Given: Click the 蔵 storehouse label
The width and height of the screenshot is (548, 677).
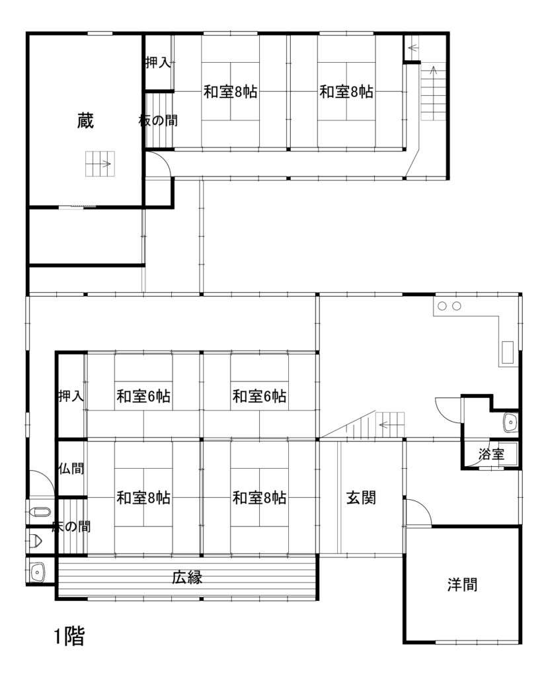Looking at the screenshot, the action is [85, 120].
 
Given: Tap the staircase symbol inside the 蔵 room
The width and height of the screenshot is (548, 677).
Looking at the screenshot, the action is [100, 164].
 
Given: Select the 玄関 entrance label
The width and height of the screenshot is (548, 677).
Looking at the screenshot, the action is [361, 498].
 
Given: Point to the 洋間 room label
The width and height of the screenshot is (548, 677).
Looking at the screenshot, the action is [462, 584].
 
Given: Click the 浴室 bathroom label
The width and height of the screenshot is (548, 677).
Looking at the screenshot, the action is [491, 454].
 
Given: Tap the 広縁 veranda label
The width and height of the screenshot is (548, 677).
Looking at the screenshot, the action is [187, 577].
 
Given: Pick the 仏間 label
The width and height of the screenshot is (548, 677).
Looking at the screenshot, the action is [71, 468].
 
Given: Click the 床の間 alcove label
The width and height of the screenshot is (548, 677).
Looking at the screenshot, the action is [71, 526].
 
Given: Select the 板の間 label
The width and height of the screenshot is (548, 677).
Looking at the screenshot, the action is [158, 120].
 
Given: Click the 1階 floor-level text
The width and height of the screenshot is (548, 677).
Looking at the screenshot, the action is [69, 636].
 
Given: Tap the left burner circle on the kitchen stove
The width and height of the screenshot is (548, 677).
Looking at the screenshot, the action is [442, 306].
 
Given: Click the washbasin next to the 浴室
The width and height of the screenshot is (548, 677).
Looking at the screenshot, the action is [510, 422].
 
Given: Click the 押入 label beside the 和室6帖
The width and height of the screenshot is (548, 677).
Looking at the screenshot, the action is [71, 395].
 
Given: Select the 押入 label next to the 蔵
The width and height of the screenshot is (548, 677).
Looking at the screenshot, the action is [158, 63].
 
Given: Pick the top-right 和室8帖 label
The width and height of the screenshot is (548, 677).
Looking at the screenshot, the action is [346, 91].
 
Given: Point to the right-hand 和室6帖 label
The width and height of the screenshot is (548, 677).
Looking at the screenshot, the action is [259, 396].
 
